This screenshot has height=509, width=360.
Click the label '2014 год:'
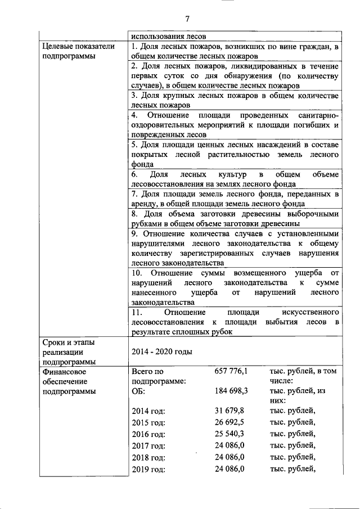click(x=148, y=411)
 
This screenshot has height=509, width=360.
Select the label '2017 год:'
click(x=148, y=445)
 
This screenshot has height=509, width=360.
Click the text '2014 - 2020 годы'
click(x=161, y=352)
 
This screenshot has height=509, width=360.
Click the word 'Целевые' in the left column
click(x=58, y=46)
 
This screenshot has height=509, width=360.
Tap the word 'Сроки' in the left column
click(x=54, y=342)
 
